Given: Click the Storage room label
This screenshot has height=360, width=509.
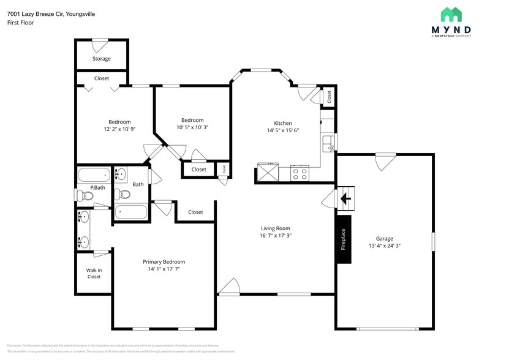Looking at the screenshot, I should pos(102,59).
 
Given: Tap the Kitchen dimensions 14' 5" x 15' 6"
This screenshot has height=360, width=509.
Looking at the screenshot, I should pos(282,130).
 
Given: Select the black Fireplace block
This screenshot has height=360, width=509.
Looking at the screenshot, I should pos(344,239).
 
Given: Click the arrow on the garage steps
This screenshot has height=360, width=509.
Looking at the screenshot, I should pos(345,198).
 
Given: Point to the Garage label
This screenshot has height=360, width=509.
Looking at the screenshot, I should pos(384,239).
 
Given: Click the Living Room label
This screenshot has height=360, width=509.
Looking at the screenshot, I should pos(275,228).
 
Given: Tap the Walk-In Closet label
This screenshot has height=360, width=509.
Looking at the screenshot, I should pos(94,273).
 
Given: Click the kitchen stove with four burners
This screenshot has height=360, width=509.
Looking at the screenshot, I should pos(300,173).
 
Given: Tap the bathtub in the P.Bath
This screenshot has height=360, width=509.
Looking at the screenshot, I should pos(94,176).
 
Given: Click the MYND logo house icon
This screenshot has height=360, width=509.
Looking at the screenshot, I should pos(451,15).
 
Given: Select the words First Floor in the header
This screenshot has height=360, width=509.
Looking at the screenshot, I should pos(21,23).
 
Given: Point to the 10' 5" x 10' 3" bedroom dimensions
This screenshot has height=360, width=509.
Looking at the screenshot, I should pos(192,127).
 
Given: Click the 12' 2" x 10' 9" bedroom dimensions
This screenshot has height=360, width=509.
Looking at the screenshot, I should pos(119,129).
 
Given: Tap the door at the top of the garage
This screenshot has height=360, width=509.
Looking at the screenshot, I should pos(385,161).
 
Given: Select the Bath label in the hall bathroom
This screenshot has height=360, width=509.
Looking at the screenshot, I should pos(138,184).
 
